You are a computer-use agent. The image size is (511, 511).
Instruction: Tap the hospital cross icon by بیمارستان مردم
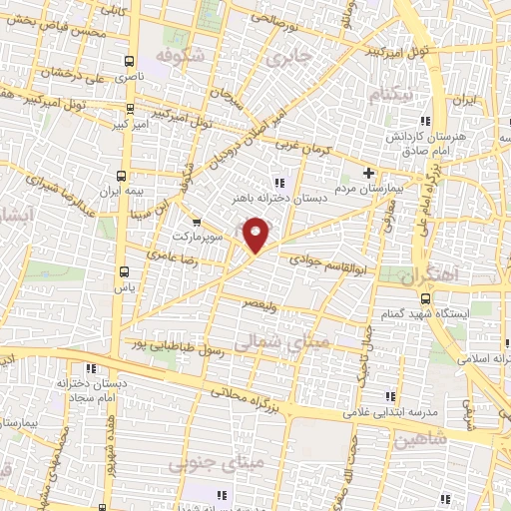point(369,174)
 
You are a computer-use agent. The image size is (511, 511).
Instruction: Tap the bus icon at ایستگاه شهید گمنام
point(426,298)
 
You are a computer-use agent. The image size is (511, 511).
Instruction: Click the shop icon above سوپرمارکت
point(196,222)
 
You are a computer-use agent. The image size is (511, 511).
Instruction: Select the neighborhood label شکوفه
point(181,56)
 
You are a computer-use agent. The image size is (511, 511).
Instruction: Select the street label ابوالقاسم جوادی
point(323,257)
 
